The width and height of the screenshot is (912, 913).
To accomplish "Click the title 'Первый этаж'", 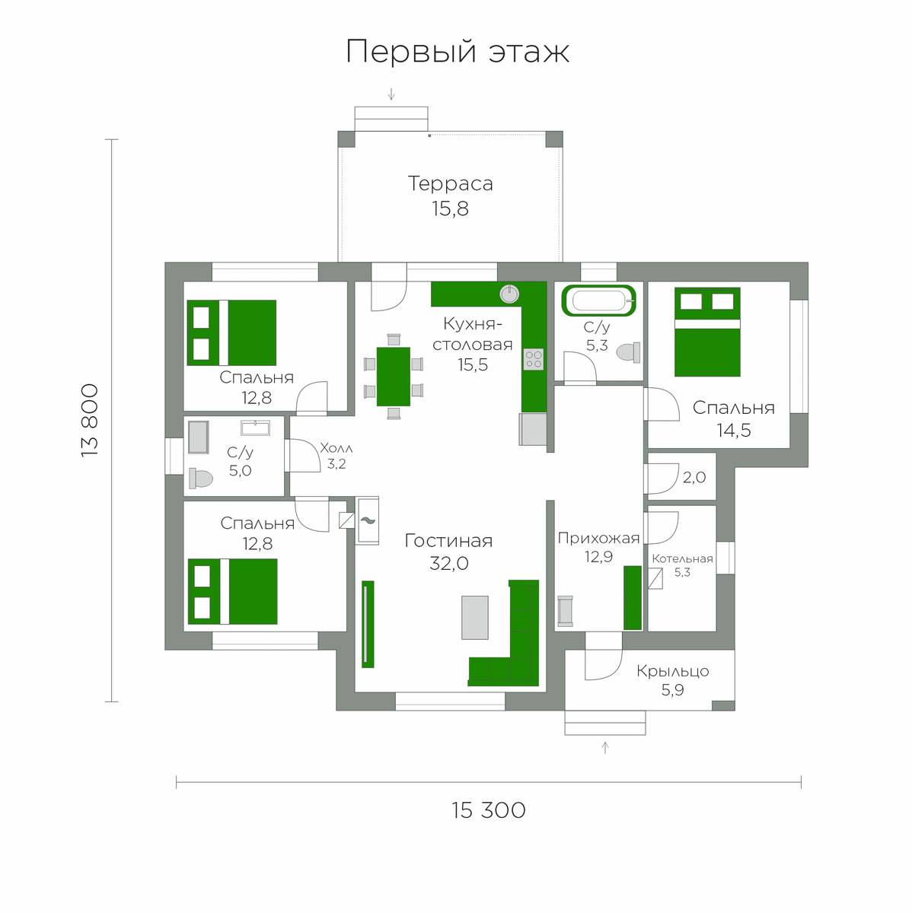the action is click(458, 52).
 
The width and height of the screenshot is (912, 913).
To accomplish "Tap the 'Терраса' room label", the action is click(450, 183).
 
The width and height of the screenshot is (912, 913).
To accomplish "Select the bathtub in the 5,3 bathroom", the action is click(599, 300).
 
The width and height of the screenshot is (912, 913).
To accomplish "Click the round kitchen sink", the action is click(509, 294).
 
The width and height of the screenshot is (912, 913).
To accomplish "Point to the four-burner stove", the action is click(533, 359).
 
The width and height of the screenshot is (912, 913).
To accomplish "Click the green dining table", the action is click(393, 376).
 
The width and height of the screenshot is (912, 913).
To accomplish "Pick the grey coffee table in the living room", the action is click(475, 617).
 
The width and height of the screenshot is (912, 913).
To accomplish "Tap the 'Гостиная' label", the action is click(448, 541).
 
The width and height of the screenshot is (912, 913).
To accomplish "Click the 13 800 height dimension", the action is click(90, 420).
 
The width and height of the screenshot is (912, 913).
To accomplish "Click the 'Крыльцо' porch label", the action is click(672, 671).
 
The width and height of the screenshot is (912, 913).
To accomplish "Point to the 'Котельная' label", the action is click(682, 559).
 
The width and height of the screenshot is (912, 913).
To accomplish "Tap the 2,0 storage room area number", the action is click(694, 477).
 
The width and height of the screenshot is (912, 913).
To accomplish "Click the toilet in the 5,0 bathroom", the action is click(201, 478).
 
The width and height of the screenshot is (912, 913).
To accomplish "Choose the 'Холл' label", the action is click(336, 447).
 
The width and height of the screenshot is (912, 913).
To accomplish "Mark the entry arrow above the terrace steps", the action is click(391, 94).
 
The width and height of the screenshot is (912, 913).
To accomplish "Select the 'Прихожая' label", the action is click(598, 538).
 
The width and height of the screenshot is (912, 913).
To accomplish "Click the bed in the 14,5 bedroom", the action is click(707, 332).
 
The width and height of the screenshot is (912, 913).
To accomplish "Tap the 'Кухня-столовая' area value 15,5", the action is click(472, 365).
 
